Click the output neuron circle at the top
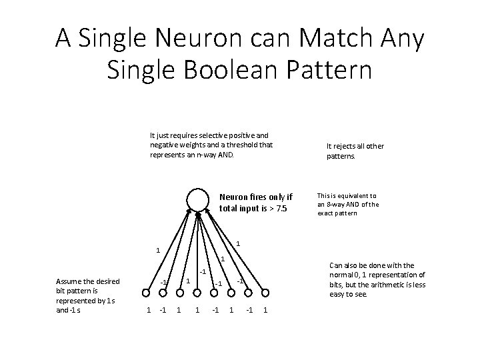click(x=198, y=200)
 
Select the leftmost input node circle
click(x=147, y=292)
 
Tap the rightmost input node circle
click(x=266, y=292)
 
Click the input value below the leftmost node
click(x=148, y=310)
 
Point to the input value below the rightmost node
click(x=265, y=310)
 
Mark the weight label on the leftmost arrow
click(x=157, y=251)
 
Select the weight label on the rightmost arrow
click(x=239, y=243)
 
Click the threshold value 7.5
click(x=283, y=208)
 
